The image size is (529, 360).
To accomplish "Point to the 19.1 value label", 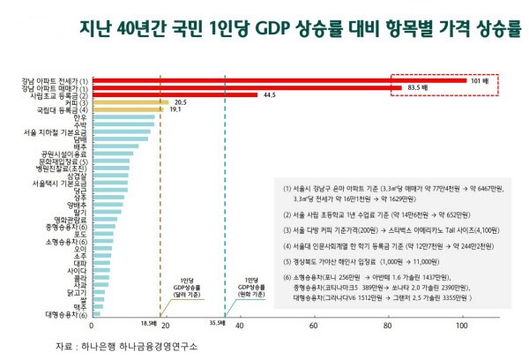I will tap(175, 110).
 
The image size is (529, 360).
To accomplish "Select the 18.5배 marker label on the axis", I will tap(149, 325).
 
